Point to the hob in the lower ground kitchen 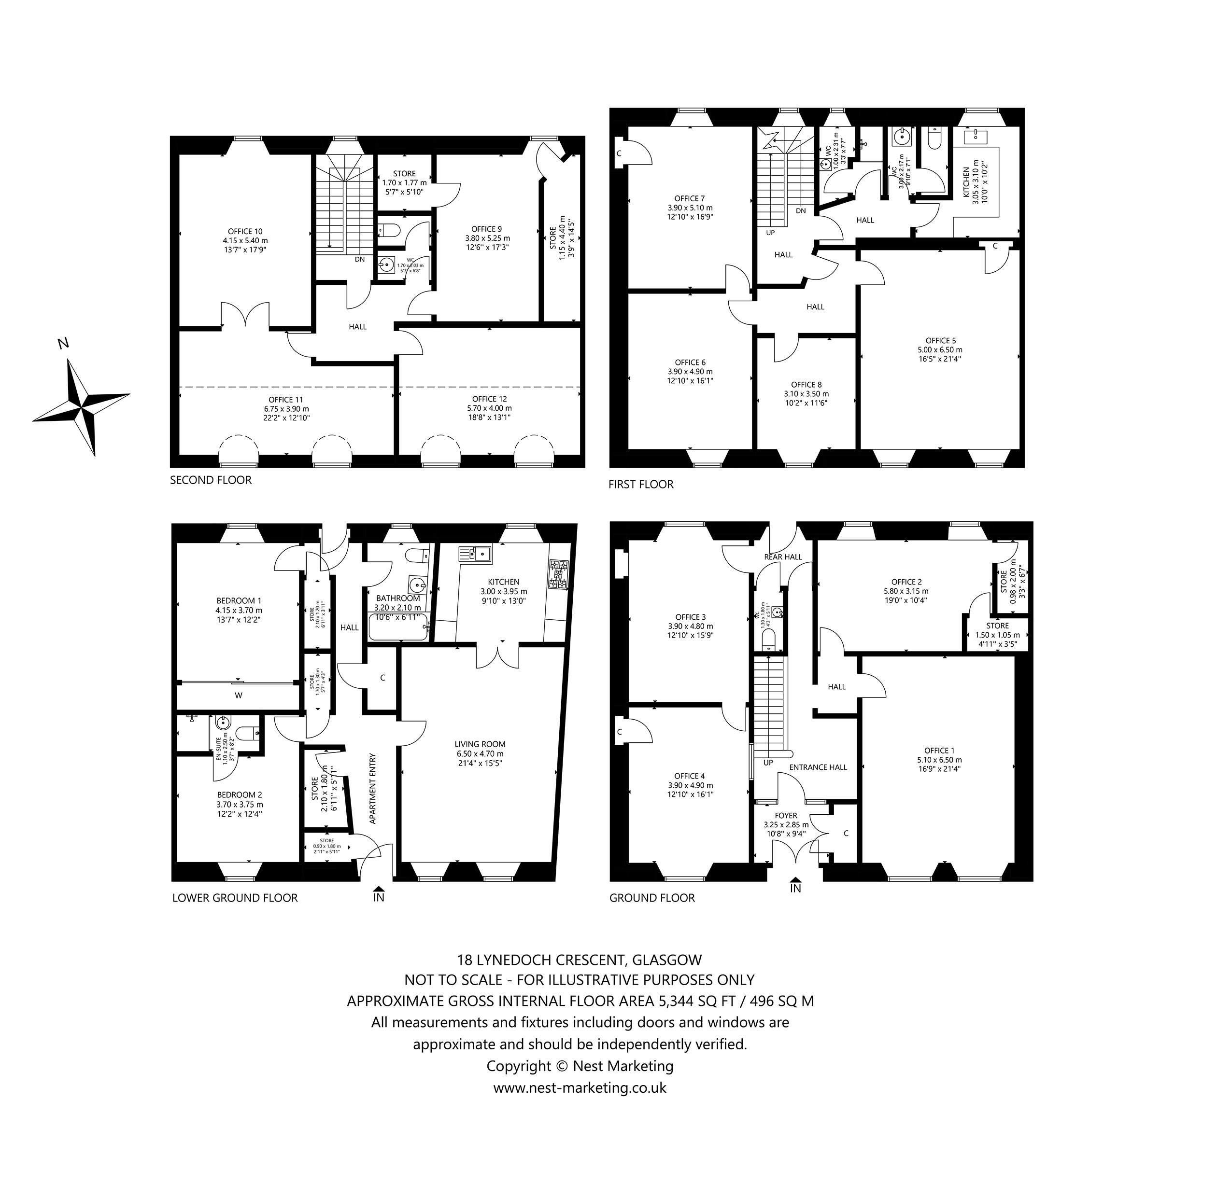558,574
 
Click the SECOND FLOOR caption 211,480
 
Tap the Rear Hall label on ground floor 782,557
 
